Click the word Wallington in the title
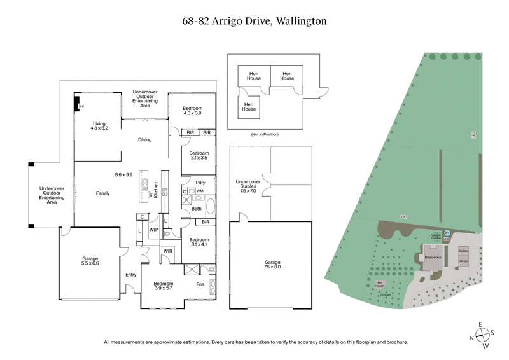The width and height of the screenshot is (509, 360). (x=301, y=21)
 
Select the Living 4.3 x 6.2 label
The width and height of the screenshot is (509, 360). (x=99, y=126)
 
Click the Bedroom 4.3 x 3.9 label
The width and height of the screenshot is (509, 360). (x=192, y=111)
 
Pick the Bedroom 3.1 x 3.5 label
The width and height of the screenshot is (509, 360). (x=199, y=156)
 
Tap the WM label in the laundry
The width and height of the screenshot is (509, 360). (x=199, y=191)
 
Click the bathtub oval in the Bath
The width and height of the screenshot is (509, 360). (x=209, y=207)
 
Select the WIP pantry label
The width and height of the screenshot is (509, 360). (x=153, y=229)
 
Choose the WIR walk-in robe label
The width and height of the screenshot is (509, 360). (x=168, y=251)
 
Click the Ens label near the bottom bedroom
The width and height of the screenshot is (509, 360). (x=200, y=284)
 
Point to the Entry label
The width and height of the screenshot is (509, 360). (x=130, y=275)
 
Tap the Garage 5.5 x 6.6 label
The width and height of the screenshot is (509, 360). (x=90, y=261)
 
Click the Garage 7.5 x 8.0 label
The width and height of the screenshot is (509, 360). (x=272, y=265)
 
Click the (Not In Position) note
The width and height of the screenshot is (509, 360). (x=265, y=135)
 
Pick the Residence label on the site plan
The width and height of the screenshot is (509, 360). (x=433, y=257)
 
